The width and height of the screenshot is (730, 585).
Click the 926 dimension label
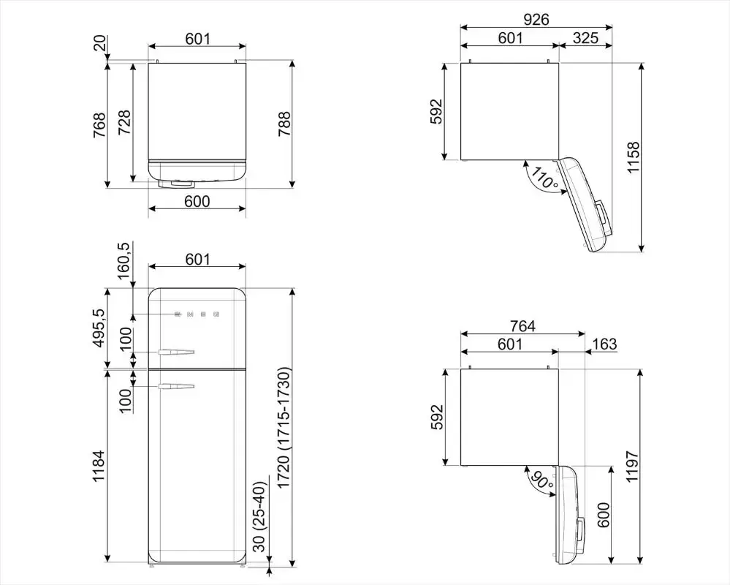[x=536, y=19]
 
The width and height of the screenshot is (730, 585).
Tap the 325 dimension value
[x=585, y=38]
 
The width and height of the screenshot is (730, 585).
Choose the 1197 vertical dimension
[x=632, y=467]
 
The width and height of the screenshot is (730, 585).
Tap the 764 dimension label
[x=522, y=326]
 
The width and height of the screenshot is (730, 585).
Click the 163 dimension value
[x=605, y=344]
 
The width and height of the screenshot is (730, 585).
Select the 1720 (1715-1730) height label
[x=284, y=428]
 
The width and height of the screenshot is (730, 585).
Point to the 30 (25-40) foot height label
[x=259, y=516]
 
